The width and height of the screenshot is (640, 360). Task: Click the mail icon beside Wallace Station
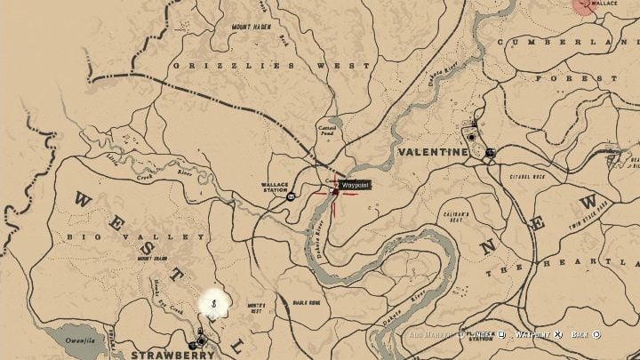[291, 197]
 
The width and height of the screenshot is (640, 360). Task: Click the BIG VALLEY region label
[136, 237]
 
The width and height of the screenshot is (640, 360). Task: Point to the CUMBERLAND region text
[569, 42]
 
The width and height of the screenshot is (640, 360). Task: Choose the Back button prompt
[585, 335]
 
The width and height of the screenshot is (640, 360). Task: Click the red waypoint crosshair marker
[335, 189]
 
